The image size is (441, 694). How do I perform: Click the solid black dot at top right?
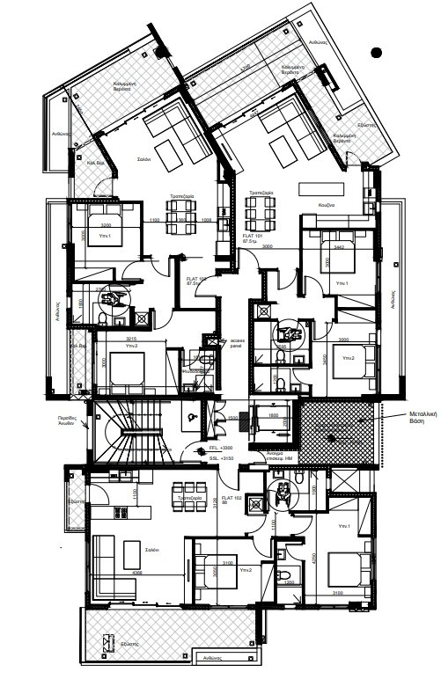click(378, 53)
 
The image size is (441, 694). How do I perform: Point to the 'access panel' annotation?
click(237, 343)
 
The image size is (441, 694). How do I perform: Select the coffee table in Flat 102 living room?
click(132, 554)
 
